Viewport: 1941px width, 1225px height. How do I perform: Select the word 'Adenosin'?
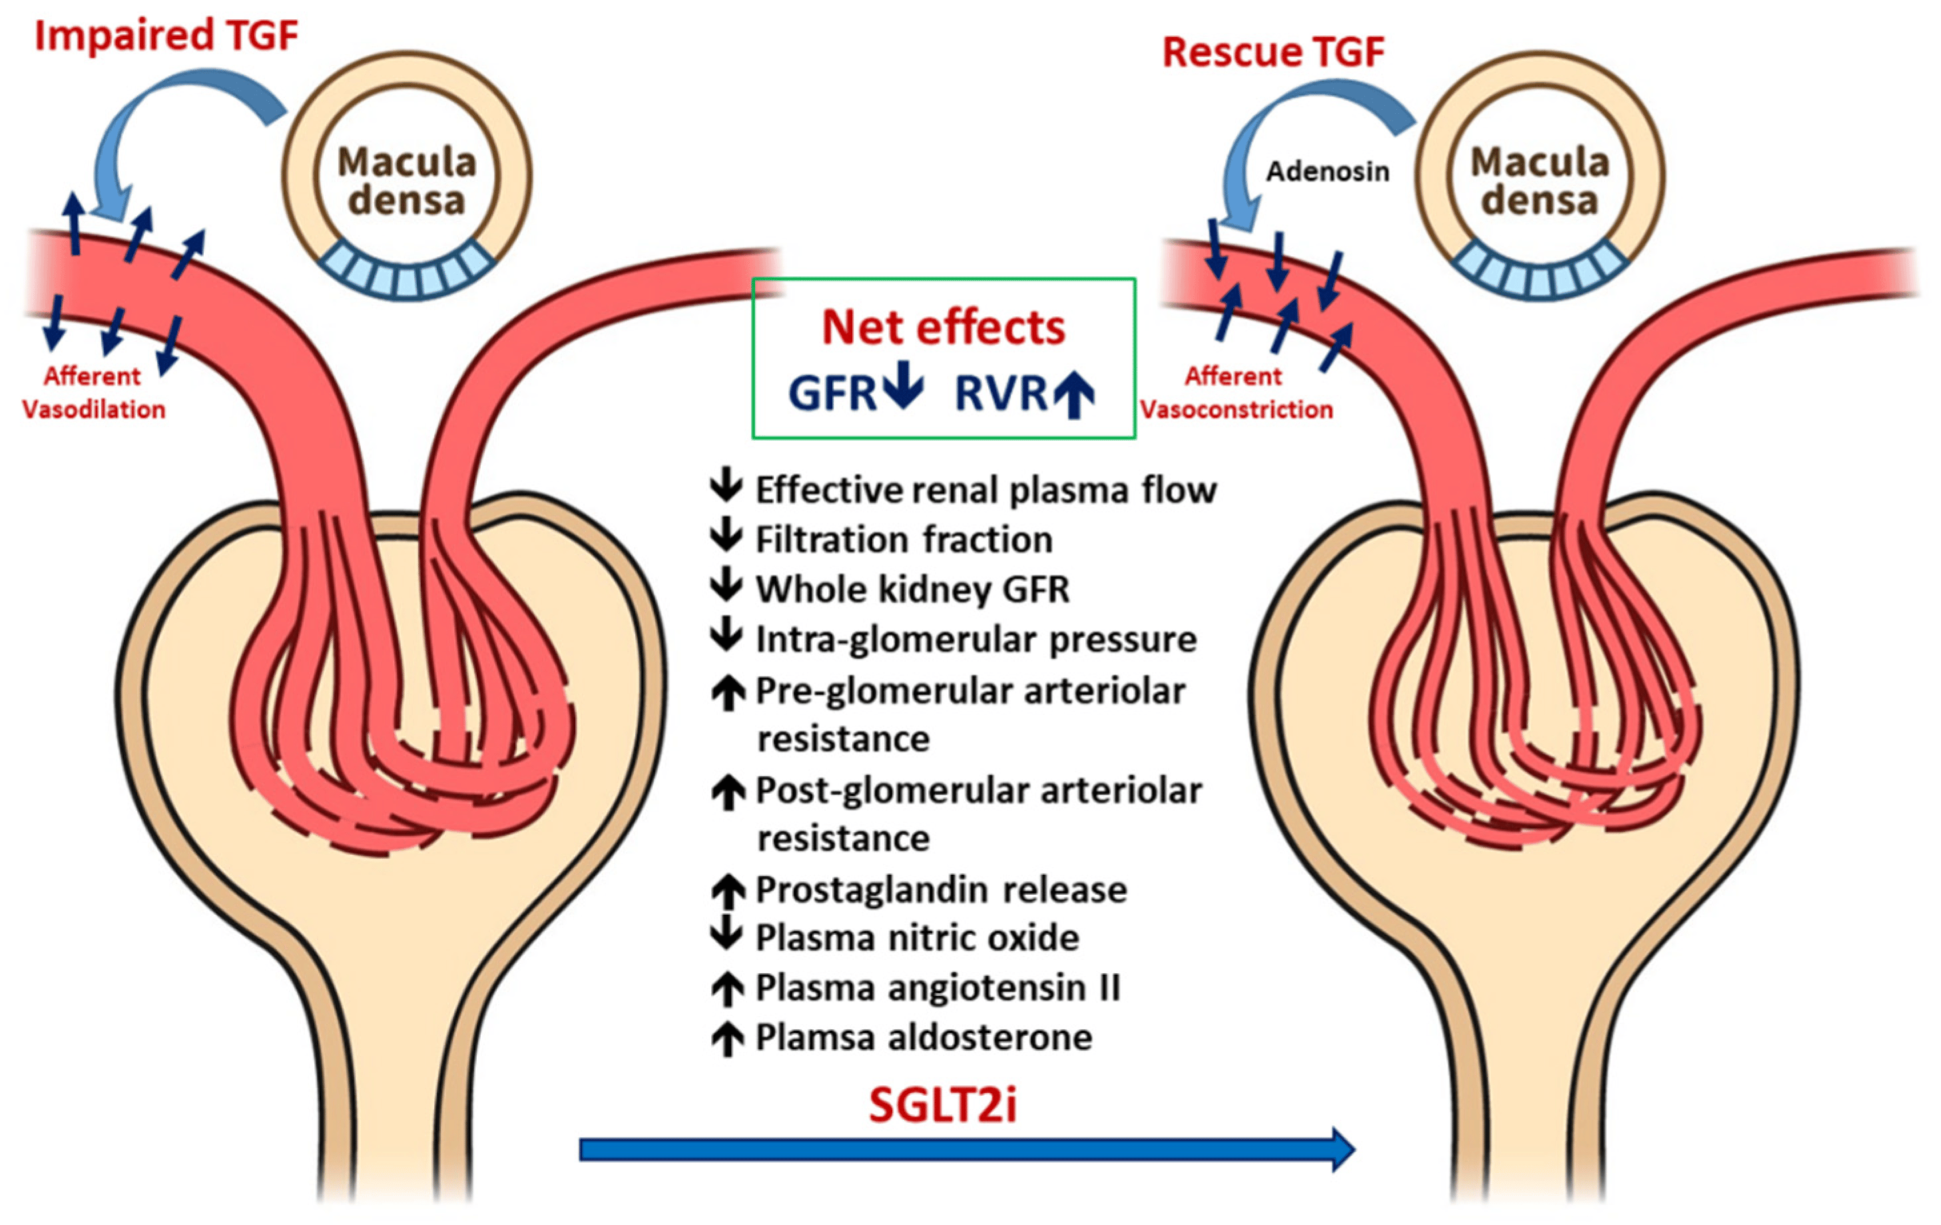tap(1328, 172)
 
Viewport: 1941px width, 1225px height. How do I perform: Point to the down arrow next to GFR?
tap(903, 385)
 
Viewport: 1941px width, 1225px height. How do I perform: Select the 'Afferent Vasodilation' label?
tap(93, 393)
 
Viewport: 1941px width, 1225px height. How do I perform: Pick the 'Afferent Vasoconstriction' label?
tap(1236, 393)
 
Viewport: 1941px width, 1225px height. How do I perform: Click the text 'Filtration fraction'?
tap(904, 539)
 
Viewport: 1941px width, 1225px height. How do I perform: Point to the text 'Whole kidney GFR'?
tap(912, 589)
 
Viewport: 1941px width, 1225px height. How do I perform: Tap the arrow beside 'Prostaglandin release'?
tap(727, 891)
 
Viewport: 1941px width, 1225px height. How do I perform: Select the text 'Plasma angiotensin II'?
tap(938, 987)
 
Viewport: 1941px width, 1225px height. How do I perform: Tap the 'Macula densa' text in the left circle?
tap(407, 180)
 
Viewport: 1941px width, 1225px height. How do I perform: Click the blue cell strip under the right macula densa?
tap(1539, 270)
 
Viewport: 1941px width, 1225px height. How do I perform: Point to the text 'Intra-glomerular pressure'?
tap(976, 640)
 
